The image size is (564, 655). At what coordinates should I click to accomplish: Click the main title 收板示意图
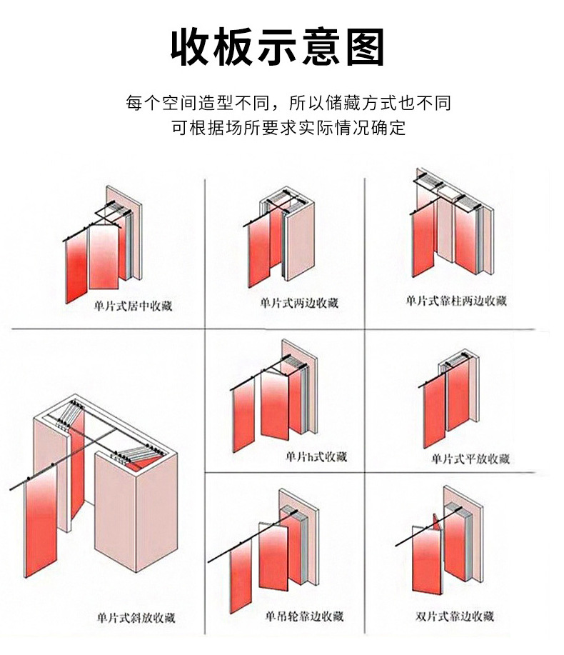(x=278, y=48)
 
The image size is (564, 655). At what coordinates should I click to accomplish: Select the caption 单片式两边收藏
(x=299, y=304)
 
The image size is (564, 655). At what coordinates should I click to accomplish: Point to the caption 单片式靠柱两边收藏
(x=456, y=301)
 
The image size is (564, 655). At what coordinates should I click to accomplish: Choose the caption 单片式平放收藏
(x=470, y=459)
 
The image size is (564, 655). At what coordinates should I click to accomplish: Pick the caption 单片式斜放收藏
(x=136, y=618)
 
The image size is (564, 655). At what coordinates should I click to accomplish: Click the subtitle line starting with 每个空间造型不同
(x=288, y=103)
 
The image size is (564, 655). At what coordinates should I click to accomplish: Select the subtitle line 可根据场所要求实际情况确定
(x=288, y=129)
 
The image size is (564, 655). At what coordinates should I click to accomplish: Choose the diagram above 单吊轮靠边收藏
(x=268, y=550)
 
